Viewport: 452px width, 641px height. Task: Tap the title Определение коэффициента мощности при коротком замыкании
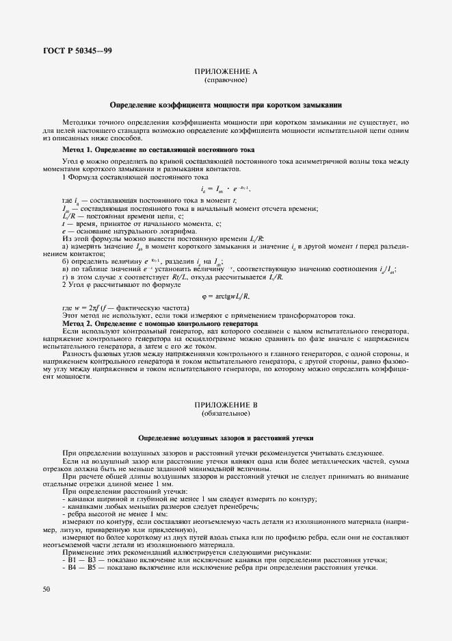pyautogui.click(x=226, y=105)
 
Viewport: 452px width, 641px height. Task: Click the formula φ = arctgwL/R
pyautogui.click(x=226, y=296)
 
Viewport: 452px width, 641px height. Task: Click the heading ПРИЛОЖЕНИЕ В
pyautogui.click(x=226, y=406)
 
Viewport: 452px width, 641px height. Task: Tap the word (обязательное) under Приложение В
pyautogui.click(x=226, y=415)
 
